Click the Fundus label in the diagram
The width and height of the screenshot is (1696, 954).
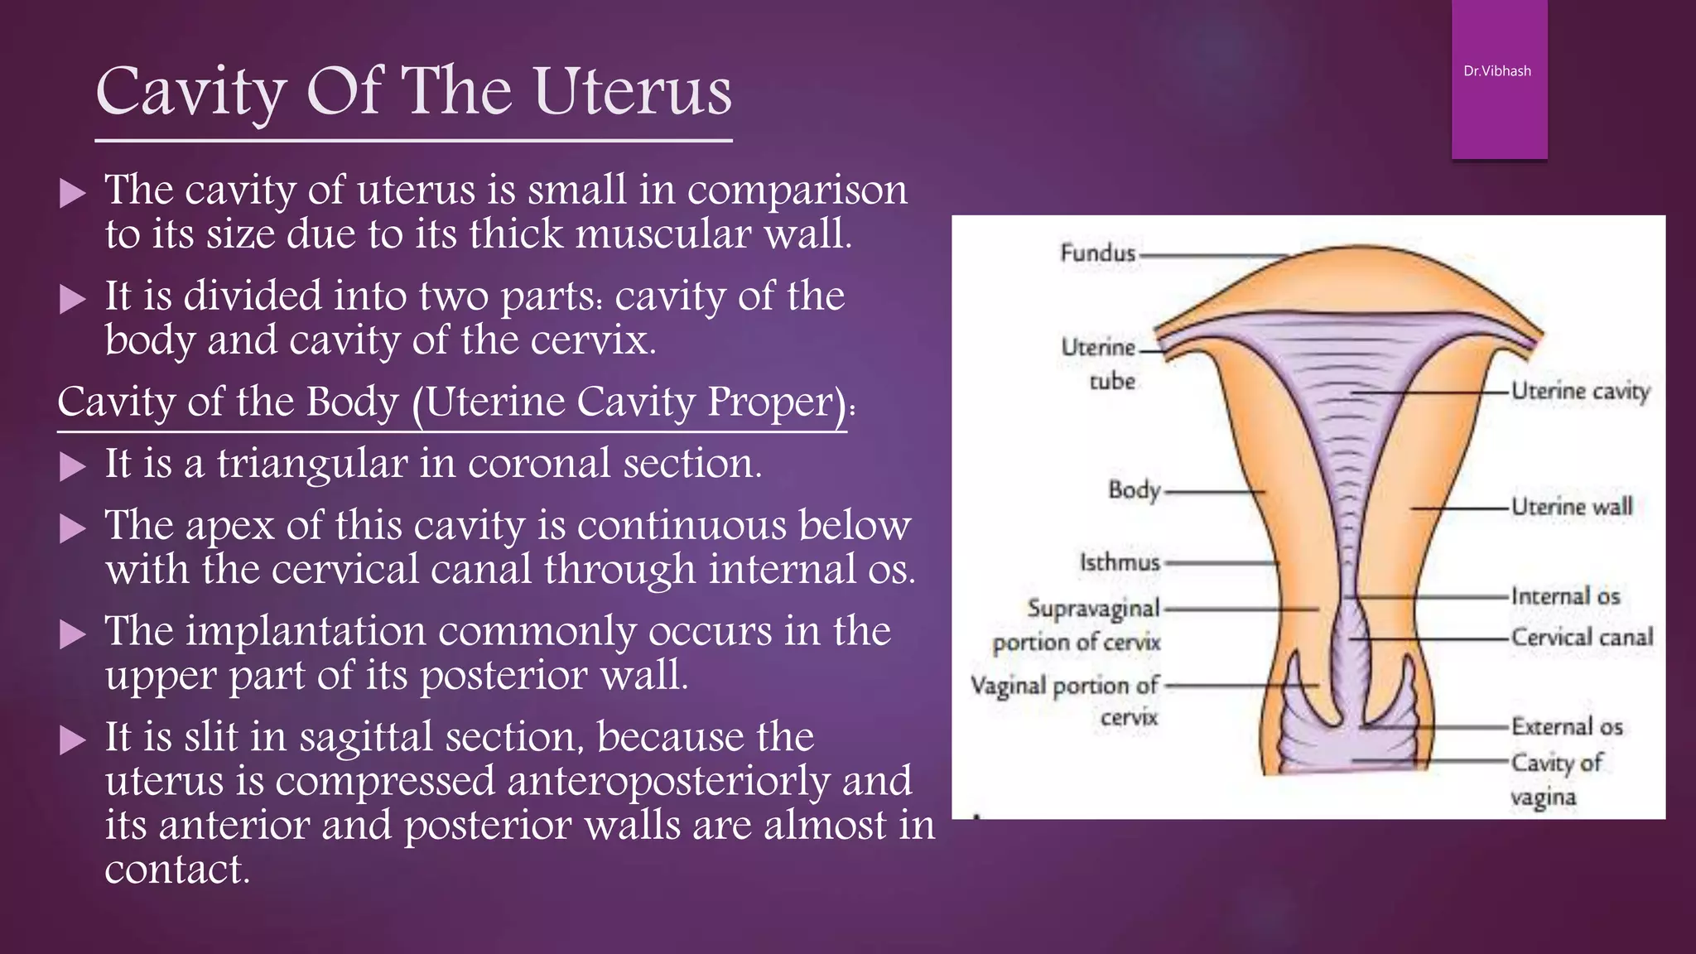(1097, 252)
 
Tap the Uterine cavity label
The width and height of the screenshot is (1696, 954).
(1580, 391)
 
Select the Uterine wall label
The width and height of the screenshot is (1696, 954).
(1572, 506)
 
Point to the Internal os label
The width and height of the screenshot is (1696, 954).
(1565, 596)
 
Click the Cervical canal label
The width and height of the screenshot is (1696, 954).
(1582, 637)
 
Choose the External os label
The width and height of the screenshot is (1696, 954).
(1567, 726)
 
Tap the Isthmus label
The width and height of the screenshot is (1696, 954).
(1120, 562)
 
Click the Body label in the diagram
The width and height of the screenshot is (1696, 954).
(1135, 489)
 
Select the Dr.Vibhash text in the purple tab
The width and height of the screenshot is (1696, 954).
(1497, 71)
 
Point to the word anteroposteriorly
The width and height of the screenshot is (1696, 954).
(668, 781)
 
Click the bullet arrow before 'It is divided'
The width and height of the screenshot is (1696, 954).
(73, 299)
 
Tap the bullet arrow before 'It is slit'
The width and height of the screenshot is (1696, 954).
(73, 740)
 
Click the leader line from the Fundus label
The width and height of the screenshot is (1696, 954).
(1213, 256)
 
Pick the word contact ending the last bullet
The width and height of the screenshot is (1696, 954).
(176, 870)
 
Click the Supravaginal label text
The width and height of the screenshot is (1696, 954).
(1093, 608)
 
